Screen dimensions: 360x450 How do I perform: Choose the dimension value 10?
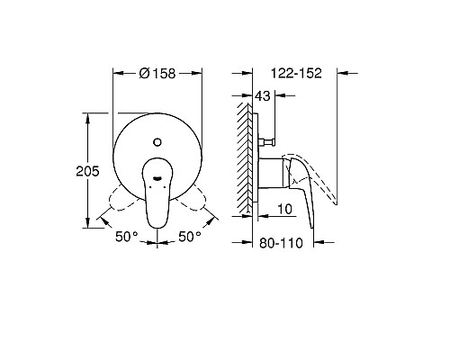[283, 210]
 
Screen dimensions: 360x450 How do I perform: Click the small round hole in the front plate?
[157, 141]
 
